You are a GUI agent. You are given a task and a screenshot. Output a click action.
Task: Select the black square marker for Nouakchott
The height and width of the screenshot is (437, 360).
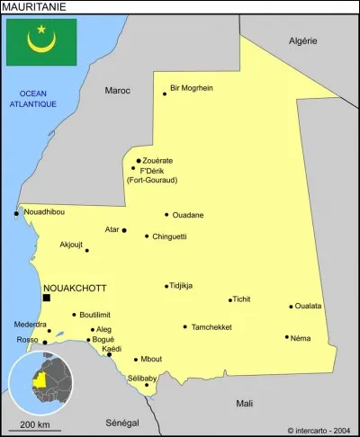tap(47, 297)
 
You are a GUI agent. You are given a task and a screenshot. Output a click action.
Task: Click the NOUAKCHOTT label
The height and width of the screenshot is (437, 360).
tap(76, 288)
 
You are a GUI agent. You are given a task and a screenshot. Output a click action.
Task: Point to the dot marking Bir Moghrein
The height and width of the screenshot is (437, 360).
tap(165, 94)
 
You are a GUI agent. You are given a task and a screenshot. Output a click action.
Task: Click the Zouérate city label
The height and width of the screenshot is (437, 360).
tap(157, 161)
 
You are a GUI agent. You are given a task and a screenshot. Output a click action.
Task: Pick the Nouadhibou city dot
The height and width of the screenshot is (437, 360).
tap(16, 213)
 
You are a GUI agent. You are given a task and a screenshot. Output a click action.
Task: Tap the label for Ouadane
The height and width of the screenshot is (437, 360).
tap(188, 215)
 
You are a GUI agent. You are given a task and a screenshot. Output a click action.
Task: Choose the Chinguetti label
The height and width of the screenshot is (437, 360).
tap(170, 236)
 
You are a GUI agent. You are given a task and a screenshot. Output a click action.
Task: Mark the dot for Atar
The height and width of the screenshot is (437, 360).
tap(124, 230)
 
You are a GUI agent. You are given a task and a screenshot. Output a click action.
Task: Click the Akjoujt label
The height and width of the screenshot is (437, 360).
tap(71, 244)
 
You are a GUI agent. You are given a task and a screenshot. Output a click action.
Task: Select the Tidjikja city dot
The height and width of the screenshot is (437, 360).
tap(166, 286)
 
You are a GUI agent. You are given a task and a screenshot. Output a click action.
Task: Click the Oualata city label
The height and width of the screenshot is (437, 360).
tap(308, 307)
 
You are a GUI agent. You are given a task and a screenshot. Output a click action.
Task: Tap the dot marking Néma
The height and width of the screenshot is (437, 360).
tap(287, 337)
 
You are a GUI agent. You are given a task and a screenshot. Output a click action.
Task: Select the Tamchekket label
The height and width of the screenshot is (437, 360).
tap(211, 327)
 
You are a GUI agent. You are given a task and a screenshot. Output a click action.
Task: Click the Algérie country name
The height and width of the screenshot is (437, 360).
tap(302, 41)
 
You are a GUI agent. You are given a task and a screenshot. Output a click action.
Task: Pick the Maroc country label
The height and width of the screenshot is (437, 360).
tap(117, 90)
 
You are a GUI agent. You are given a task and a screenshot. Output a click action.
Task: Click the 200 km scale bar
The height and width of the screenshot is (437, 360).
tap(35, 430)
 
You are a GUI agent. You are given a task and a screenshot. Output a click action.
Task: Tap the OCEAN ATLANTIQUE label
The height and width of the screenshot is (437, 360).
tap(33, 99)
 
